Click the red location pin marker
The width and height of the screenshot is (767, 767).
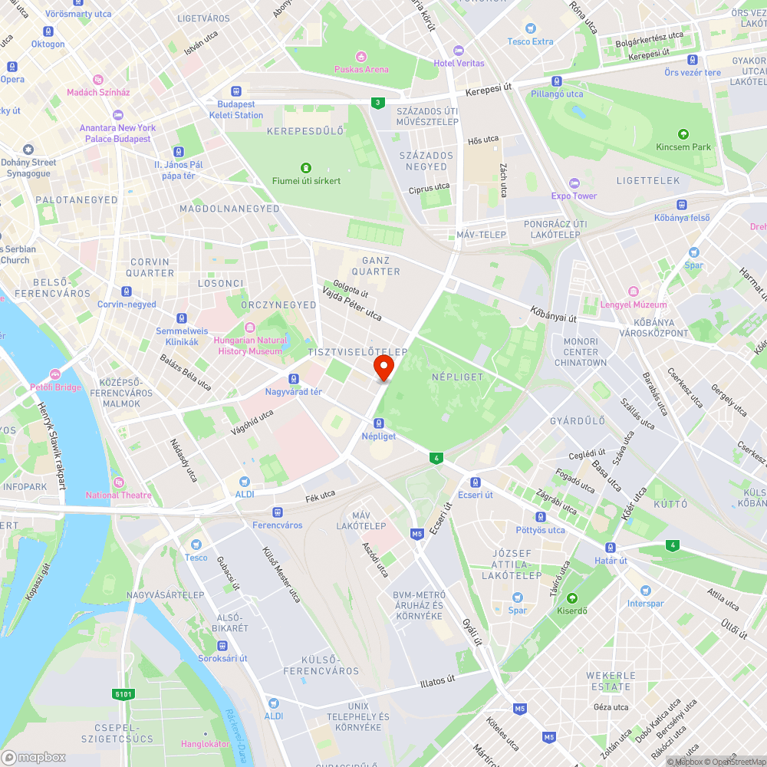pyautogui.click(x=383, y=367)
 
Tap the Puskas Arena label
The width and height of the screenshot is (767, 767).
pyautogui.click(x=361, y=69)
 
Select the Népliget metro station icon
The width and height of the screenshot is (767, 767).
pyautogui.click(x=378, y=423)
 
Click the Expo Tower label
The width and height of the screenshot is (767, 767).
pyautogui.click(x=574, y=196)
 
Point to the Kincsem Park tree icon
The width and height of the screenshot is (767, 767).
pyautogui.click(x=683, y=134)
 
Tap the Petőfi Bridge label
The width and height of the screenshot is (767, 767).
pyautogui.click(x=55, y=387)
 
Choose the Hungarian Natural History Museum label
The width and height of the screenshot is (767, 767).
pyautogui.click(x=251, y=346)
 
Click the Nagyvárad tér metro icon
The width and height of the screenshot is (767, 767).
pyautogui.click(x=293, y=379)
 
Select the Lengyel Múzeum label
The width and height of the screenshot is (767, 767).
pyautogui.click(x=634, y=304)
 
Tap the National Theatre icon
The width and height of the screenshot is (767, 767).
pyautogui.click(x=118, y=482)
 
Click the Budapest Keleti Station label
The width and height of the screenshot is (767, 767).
pyautogui.click(x=236, y=110)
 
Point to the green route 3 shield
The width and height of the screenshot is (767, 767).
pyautogui.click(x=377, y=102)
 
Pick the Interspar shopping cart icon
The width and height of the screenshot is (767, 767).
pyautogui.click(x=645, y=591)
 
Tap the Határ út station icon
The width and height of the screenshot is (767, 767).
pyautogui.click(x=611, y=548)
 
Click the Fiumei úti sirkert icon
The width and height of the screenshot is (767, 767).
pyautogui.click(x=306, y=168)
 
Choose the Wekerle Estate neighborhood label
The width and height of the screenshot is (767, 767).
pyautogui.click(x=611, y=681)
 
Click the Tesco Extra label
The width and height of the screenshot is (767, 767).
pyautogui.click(x=530, y=41)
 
